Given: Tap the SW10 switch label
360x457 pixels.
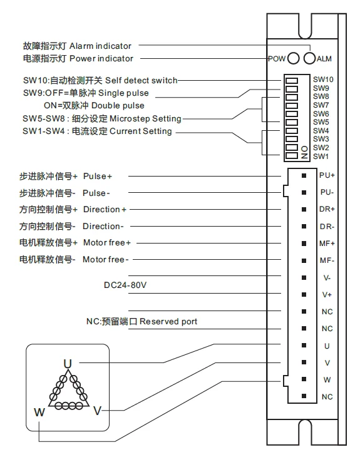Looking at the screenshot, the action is coord(323,80).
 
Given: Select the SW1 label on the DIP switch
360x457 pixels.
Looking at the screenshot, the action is coord(321,156).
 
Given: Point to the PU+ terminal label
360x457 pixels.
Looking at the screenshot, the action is coord(327,176).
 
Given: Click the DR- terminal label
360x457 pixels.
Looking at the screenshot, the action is coord(327,226).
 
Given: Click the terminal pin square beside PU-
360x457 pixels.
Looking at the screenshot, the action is coord(304,192).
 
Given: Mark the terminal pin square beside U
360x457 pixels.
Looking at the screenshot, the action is coord(304,345).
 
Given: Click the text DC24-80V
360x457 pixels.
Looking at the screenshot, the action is coord(125,285).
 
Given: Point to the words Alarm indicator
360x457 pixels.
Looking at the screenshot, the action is coord(100,46).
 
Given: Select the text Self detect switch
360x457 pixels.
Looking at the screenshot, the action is coord(141,80).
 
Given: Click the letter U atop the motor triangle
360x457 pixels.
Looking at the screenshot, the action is coord(68,362).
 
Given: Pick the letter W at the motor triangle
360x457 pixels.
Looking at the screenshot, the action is coord(39,412).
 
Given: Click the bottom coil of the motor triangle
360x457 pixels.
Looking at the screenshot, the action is coord(68,405).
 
